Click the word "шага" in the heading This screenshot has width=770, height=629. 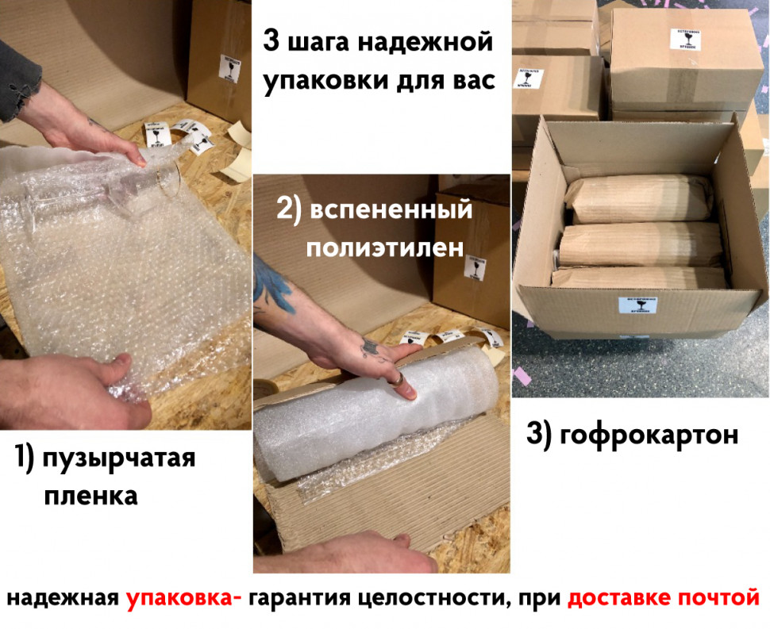coord(318,44)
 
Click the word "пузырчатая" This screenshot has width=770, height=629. coord(119,459)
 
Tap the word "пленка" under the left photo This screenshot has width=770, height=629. coord(90,496)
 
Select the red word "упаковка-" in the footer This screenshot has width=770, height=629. coord(184,596)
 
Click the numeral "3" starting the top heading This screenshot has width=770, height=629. coord(271,42)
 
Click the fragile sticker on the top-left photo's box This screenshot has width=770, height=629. coord(229,68)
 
